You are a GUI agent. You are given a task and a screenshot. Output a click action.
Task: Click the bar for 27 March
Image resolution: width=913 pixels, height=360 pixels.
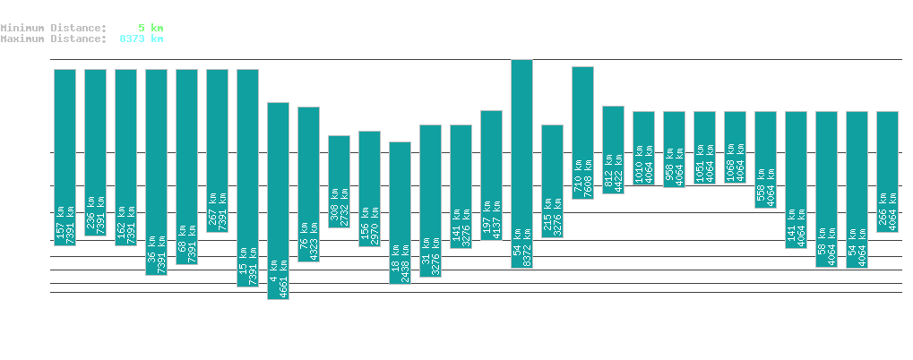click(278, 201)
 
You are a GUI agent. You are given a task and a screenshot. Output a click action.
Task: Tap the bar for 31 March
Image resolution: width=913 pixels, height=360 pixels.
click(400, 212)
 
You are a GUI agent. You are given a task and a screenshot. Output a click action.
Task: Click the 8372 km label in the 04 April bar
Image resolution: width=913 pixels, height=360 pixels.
click(527, 252)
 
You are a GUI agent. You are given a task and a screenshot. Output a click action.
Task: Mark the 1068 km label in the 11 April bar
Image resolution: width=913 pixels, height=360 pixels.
click(729, 159)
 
